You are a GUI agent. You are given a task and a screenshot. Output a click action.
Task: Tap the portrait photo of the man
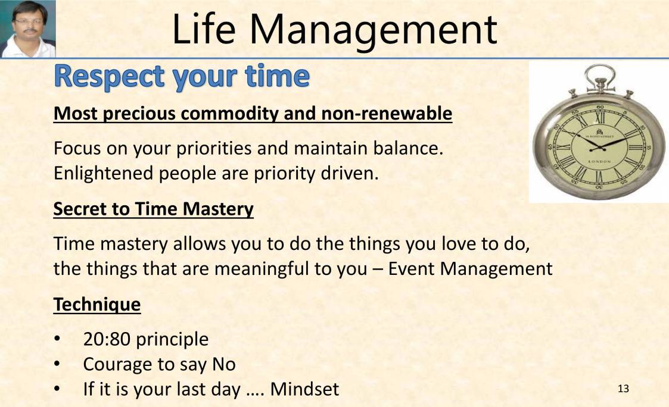click(28, 29)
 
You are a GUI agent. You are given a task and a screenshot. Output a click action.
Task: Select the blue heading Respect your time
click(182, 78)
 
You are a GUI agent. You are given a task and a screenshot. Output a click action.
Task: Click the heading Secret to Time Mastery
click(153, 209)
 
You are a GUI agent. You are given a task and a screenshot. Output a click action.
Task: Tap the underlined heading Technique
click(97, 305)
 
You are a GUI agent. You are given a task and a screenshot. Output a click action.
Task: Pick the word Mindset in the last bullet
click(304, 389)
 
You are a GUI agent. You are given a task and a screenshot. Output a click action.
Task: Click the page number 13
click(623, 389)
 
